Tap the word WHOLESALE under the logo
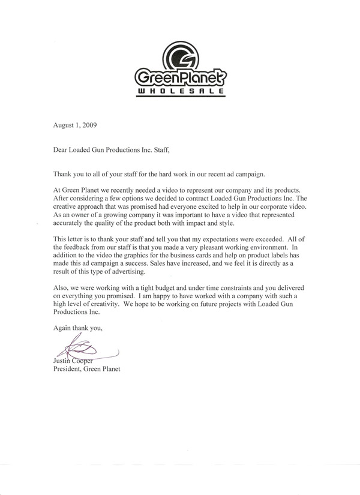[180, 91]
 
